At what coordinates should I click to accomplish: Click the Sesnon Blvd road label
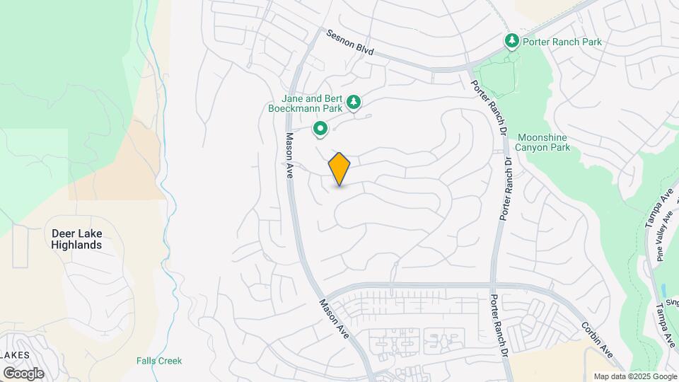[349, 44]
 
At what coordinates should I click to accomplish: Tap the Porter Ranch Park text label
[562, 42]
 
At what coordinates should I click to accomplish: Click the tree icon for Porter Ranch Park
[511, 42]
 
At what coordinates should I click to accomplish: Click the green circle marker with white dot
[320, 129]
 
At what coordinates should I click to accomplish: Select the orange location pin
[339, 168]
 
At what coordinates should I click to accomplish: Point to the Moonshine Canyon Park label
[544, 142]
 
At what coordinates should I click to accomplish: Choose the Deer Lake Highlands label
[76, 238]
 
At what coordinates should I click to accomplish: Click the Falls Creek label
[159, 361]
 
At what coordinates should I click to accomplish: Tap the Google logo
[23, 373]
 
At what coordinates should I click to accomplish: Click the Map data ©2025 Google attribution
[634, 376]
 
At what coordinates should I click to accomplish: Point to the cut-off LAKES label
[14, 354]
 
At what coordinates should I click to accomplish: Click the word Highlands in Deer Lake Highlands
[76, 245]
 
